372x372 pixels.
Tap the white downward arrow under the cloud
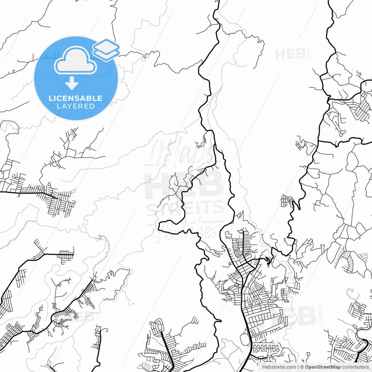[72, 83]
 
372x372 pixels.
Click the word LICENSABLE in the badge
[76, 98]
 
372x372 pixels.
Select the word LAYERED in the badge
[76, 106]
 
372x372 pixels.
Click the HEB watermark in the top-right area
[290, 54]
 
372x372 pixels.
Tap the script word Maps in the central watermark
[182, 153]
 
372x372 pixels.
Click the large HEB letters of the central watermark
[184, 185]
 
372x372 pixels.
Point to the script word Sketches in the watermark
[186, 230]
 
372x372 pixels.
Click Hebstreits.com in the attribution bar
[279, 367]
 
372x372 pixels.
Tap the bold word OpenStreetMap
[323, 367]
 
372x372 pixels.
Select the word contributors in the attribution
[355, 367]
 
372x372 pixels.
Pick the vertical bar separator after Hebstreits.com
[298, 367]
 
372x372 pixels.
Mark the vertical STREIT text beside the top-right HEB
[308, 53]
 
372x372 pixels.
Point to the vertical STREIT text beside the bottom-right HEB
[321, 314]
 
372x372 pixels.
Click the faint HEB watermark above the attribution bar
[294, 316]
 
